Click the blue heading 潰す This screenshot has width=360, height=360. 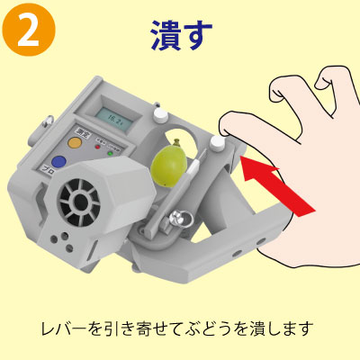(x=181, y=34)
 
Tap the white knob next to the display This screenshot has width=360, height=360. (x=161, y=115)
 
